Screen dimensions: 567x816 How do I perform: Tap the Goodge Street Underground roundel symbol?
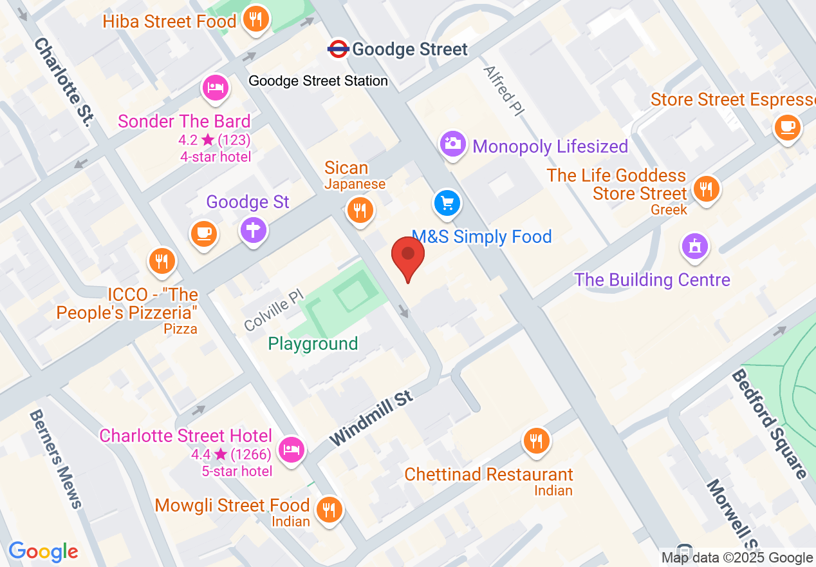coord(338,48)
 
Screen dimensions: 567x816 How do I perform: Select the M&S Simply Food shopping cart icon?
coord(447,204)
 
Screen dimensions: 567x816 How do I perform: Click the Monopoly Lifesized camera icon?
coord(453,143)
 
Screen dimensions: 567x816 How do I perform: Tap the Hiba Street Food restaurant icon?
coord(256,19)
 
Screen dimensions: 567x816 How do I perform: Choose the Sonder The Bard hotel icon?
coord(216,88)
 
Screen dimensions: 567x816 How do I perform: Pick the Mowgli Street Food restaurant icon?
coord(329,510)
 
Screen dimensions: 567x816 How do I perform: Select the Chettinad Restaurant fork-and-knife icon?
coord(535,441)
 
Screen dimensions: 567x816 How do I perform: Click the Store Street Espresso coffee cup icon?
coord(787,126)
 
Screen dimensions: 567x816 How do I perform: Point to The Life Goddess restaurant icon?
coord(706,189)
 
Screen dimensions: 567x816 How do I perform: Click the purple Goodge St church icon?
coord(254,229)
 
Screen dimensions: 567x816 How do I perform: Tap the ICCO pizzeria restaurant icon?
coord(160,261)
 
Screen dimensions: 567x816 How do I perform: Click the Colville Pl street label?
coord(273,309)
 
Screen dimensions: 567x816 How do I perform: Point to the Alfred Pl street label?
coord(503,91)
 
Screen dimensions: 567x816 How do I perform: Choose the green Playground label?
coord(313,344)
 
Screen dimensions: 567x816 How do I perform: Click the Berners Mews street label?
coord(56,459)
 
